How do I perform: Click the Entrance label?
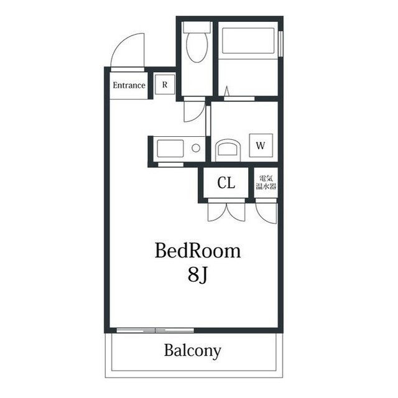[x=129, y=85]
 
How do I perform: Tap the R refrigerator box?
[x=165, y=85]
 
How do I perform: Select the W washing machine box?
[x=261, y=146]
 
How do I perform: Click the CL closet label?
[x=226, y=182]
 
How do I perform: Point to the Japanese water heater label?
[x=266, y=182]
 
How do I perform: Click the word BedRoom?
[x=198, y=251]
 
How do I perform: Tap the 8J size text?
[x=198, y=275]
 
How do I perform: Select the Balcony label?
[x=193, y=351]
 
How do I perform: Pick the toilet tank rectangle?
[x=197, y=27]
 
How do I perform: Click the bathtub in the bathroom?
[x=248, y=40]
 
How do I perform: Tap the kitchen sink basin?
[x=170, y=149]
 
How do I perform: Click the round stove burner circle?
[x=196, y=148]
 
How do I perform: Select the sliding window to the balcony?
[x=155, y=330]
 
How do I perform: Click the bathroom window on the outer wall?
[x=280, y=44]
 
